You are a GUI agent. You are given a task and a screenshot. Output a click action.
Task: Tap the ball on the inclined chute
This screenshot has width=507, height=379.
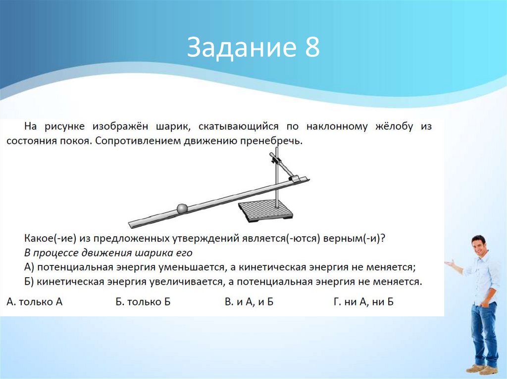point(182,208)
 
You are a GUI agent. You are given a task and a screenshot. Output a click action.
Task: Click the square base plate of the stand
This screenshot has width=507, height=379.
point(265,211)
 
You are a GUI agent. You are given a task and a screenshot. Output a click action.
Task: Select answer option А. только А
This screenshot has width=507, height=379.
point(35,301)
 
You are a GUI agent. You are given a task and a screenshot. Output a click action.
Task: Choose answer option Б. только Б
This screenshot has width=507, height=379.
point(143,301)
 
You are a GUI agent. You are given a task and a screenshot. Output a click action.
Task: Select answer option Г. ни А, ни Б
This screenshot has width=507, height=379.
point(363,301)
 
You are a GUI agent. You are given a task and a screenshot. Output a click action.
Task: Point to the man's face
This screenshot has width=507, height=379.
point(478,245)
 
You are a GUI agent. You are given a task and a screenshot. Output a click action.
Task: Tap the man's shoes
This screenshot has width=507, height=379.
point(481,369)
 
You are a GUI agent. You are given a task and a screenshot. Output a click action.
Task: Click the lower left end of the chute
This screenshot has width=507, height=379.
point(132,225)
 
